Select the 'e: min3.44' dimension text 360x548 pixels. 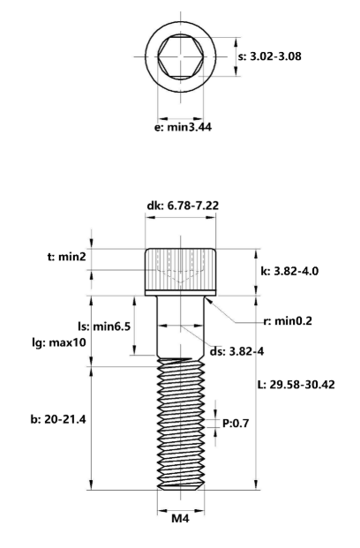pyautogui.click(x=183, y=127)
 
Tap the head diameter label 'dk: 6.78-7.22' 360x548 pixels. pyautogui.click(x=183, y=206)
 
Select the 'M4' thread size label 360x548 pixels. pyautogui.click(x=180, y=519)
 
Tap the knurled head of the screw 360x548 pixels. pyautogui.click(x=180, y=266)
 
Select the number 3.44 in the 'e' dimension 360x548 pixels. pyautogui.click(x=196, y=127)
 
